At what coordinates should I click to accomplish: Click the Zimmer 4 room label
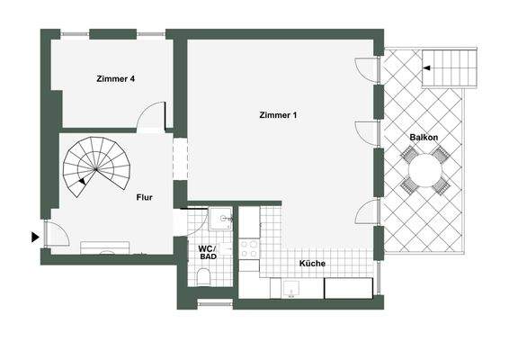coord(115,79)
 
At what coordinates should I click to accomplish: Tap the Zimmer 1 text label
coord(278,115)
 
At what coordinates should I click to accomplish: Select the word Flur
coord(145,196)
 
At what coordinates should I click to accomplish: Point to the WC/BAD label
coord(207,252)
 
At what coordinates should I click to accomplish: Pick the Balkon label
coord(424,137)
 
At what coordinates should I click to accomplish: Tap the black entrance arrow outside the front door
coord(35,237)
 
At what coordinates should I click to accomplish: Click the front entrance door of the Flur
coord(57,232)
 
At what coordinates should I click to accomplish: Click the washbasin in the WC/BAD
coord(224,219)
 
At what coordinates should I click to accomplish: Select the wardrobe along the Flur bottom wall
coord(106,247)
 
